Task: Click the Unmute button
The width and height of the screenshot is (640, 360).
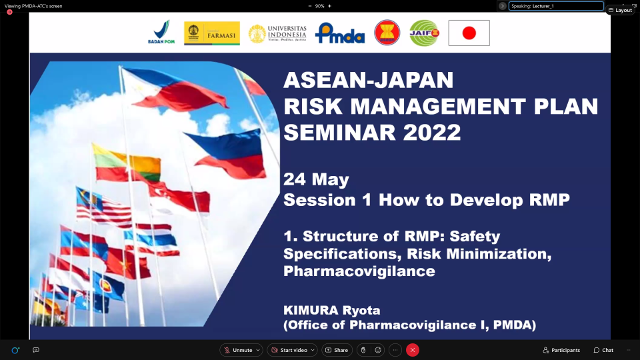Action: pos(241,350)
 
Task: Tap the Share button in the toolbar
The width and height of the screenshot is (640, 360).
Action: pos(337,350)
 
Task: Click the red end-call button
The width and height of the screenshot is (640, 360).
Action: pos(412,350)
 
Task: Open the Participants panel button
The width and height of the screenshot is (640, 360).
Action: pos(561,350)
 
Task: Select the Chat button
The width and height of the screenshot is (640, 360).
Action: pos(604,350)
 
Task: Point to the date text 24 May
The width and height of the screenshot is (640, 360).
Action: pos(316,180)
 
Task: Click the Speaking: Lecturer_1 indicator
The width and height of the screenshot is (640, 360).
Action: pos(555,6)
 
